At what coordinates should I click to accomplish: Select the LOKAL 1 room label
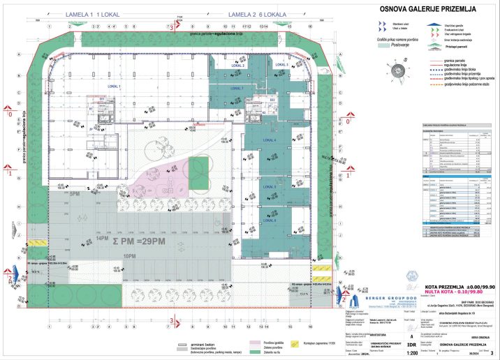(x=115, y=86)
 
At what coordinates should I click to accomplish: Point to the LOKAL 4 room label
(x=270, y=140)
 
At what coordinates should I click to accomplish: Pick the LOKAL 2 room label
(x=236, y=64)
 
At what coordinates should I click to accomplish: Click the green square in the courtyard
(x=200, y=166)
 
